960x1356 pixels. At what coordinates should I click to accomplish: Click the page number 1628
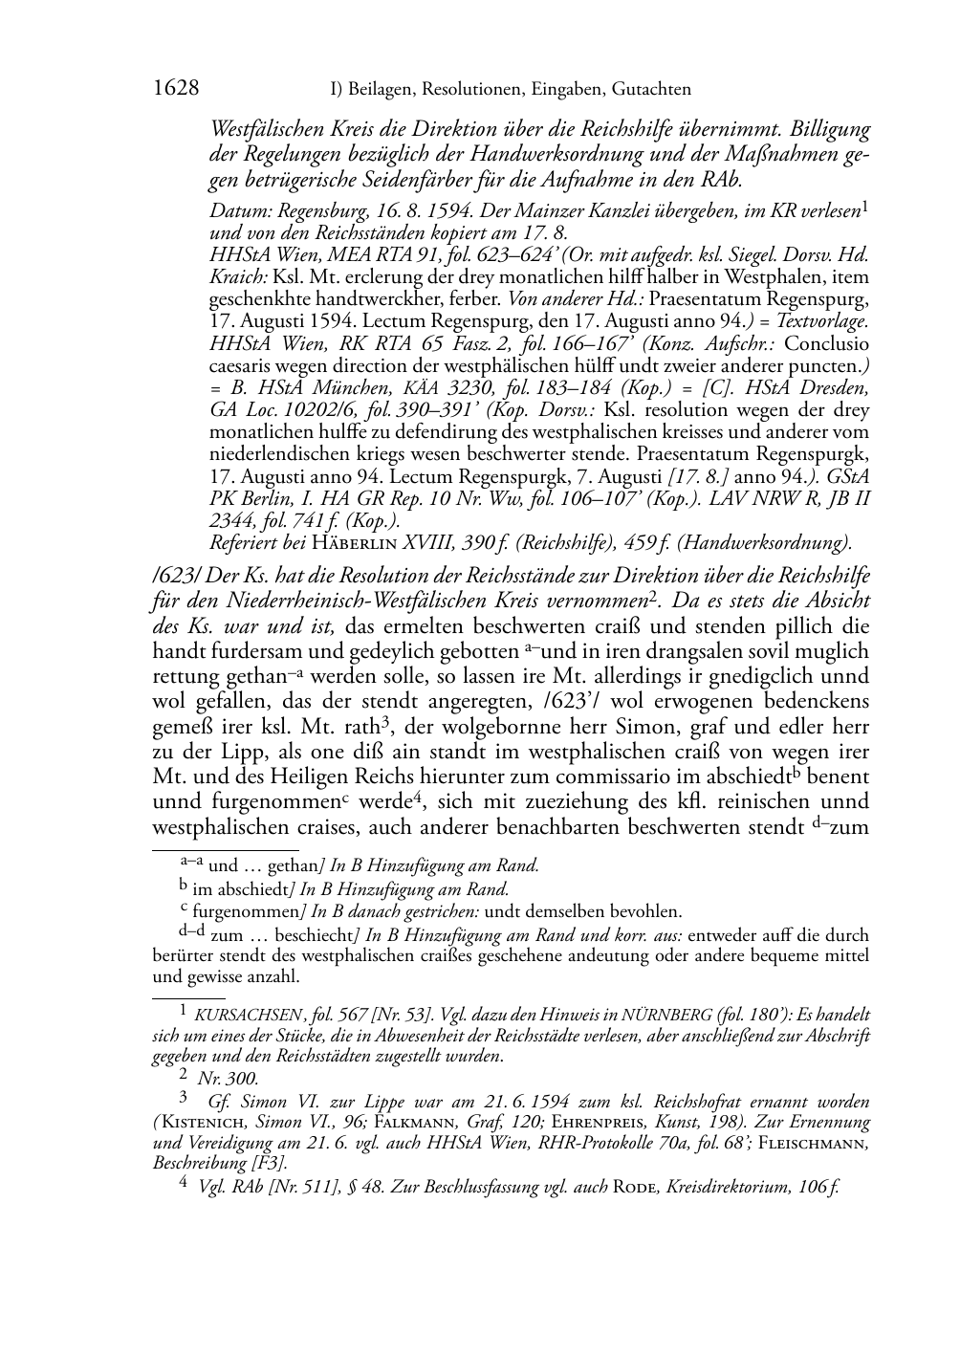176,89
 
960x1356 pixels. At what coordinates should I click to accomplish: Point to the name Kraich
231,277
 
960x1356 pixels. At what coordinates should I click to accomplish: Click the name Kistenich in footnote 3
204,1122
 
